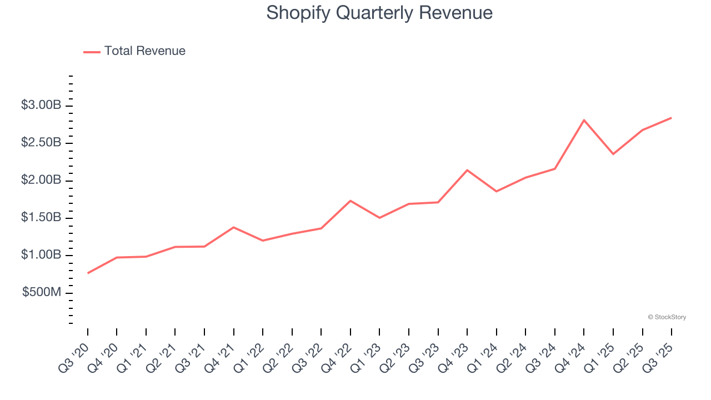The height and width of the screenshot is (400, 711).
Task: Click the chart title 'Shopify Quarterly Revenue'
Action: coord(379,13)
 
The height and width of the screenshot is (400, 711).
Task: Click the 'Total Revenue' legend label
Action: coord(144,51)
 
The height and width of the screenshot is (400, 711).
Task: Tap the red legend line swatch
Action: coord(92,52)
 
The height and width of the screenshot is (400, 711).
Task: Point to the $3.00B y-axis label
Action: coord(41,105)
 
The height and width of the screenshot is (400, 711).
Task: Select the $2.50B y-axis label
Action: coord(41,143)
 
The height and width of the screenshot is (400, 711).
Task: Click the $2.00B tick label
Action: coord(41,180)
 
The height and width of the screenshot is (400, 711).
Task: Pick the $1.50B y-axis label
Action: coord(41,217)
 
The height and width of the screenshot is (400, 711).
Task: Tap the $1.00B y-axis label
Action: coord(41,255)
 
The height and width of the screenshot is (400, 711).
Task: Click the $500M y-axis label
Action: coord(42,292)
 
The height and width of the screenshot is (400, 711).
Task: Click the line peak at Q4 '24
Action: coord(584,120)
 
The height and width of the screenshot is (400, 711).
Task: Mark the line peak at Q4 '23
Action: coord(467,170)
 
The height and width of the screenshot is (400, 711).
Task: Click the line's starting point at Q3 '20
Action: coord(88,273)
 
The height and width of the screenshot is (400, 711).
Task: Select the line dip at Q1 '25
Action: coord(613,154)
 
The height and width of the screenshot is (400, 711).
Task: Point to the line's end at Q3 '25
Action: coord(671,118)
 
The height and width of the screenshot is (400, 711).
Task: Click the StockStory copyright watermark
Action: coord(667,317)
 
